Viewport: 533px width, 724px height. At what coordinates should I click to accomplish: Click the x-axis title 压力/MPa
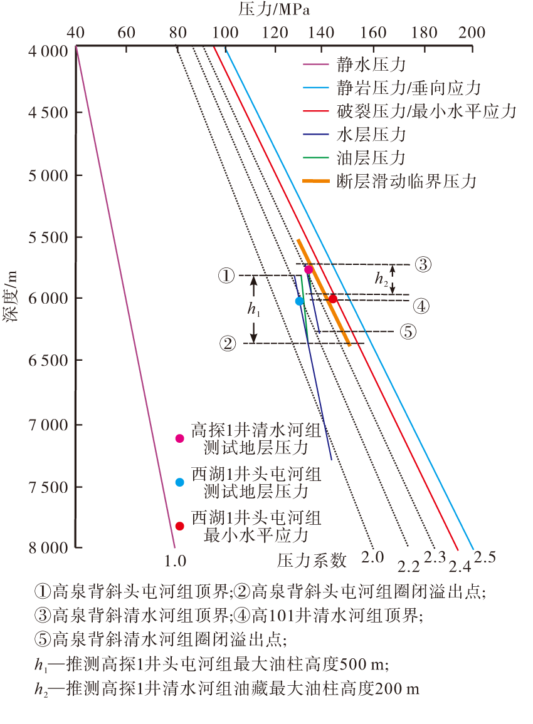[274, 9]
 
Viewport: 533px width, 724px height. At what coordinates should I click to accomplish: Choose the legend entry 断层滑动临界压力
[406, 182]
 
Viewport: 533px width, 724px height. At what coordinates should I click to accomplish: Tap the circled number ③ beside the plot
[422, 264]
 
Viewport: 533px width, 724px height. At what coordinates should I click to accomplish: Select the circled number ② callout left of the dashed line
[228, 343]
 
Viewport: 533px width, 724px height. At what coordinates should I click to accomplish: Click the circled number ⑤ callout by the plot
[408, 332]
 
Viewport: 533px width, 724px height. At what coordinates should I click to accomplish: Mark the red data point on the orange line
[334, 299]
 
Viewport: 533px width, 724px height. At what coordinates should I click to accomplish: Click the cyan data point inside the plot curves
[300, 301]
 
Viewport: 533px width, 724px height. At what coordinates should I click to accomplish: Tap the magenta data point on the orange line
[309, 269]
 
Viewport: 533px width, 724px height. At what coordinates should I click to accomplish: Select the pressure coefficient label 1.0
[176, 560]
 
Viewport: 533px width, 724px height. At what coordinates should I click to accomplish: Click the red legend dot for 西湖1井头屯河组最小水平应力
[180, 526]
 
